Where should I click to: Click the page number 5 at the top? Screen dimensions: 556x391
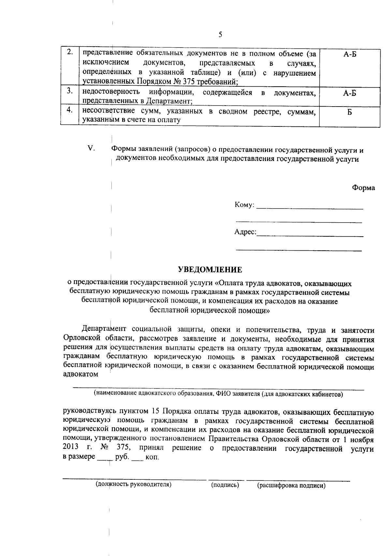tap(220, 35)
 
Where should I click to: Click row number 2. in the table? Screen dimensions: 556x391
tap(69, 52)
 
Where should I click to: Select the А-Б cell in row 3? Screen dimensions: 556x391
tap(350, 94)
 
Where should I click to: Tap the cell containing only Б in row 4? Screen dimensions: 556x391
tap(349, 113)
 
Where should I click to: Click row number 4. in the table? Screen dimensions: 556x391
tap(69, 110)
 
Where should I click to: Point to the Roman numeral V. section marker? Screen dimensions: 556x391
tap(91, 149)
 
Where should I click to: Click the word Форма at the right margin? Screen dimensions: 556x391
tap(363, 188)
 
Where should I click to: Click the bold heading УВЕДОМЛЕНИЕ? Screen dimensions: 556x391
tap(210, 270)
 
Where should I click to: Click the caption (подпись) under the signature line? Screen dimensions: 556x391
tap(225, 485)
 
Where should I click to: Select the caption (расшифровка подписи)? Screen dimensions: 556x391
tap(291, 486)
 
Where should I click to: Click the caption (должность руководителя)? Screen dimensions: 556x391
tap(133, 484)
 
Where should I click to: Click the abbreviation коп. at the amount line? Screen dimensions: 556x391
tap(152, 457)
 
